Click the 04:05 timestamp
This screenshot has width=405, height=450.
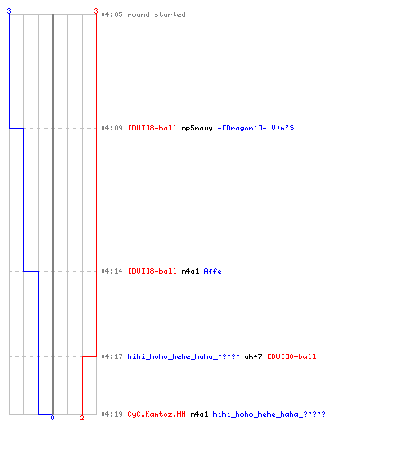coord(112,14)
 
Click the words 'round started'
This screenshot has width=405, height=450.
coord(157,14)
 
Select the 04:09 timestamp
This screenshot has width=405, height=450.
coord(112,128)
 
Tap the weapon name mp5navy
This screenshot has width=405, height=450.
coord(197,129)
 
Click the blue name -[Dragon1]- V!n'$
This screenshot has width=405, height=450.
coord(256,128)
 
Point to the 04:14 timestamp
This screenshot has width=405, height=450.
coord(112,271)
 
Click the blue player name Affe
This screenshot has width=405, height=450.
coord(212,271)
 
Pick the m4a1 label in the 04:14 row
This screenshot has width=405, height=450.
coord(190,271)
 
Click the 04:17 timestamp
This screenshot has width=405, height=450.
coord(112,356)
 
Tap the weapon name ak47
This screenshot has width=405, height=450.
coord(253,356)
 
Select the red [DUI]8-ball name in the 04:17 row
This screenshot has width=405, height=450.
coord(292,356)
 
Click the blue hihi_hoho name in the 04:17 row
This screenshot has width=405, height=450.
coord(184,356)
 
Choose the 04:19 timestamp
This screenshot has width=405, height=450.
coord(112,414)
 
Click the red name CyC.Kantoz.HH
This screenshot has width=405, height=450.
coord(157,414)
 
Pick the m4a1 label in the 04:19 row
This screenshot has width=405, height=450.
coord(199,414)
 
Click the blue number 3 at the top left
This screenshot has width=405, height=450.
coord(9,11)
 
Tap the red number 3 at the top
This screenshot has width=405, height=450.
coord(96,11)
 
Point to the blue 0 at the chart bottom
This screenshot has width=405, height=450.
coord(52,418)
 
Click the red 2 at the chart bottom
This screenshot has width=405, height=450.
coord(82,418)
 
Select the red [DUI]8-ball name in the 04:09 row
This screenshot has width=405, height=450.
coord(152,128)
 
